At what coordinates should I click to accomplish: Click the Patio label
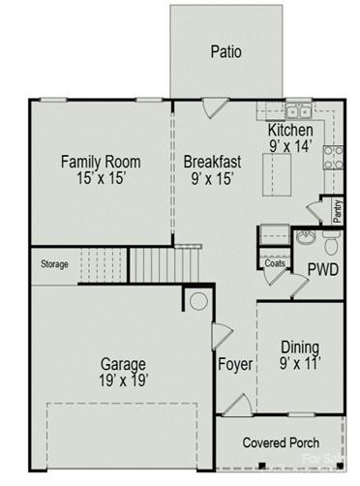click(x=225, y=50)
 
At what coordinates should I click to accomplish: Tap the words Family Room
click(x=101, y=162)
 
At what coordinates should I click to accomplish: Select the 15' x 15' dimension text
click(x=101, y=179)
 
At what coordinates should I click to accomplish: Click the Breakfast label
click(x=212, y=162)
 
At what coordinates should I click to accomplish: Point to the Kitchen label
click(x=289, y=130)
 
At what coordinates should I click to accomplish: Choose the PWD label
click(x=322, y=268)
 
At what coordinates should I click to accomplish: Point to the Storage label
click(x=54, y=264)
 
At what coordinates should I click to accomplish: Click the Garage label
click(x=123, y=364)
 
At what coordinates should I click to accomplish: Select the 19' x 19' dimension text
click(x=123, y=381)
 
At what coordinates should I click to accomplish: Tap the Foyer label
click(x=234, y=365)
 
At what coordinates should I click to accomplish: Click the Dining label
click(x=300, y=348)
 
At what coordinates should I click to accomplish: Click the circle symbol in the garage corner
click(x=198, y=301)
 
